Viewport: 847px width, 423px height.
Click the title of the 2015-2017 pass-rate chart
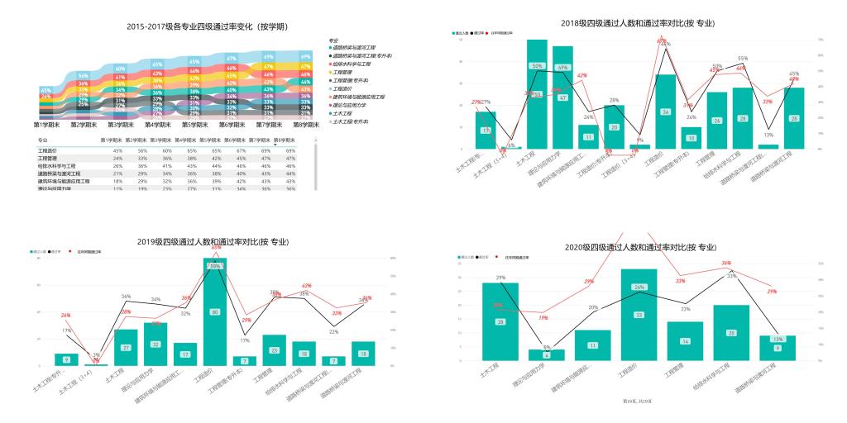pos(207,26)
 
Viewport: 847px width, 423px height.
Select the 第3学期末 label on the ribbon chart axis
pos(120,125)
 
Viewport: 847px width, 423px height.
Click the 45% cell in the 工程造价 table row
pos(117,151)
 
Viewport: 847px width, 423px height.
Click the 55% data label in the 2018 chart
pos(743,59)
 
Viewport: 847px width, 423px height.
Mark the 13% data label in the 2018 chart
pos(768,135)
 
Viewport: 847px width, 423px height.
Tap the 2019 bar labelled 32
pos(155,344)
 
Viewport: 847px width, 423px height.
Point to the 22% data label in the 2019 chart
pos(333,331)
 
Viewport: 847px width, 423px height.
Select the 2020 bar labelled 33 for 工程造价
pos(639,315)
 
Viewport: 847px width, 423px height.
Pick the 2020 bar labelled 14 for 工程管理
pos(685,341)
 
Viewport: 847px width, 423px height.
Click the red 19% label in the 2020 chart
pos(543,317)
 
